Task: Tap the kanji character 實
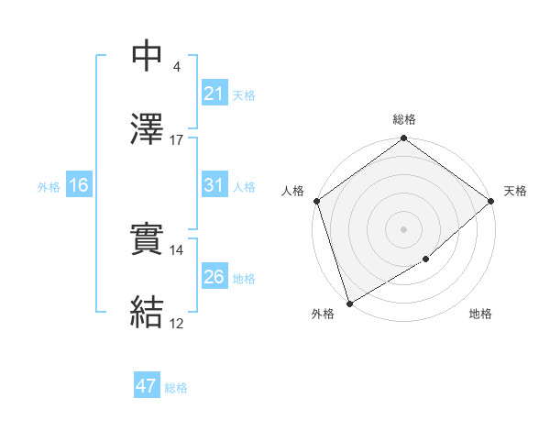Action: point(148,239)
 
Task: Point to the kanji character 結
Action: point(148,312)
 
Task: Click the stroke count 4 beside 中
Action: point(176,67)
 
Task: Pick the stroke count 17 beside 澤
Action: point(176,140)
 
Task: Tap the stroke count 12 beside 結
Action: point(176,324)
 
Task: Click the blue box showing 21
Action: point(214,94)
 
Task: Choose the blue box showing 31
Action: point(214,185)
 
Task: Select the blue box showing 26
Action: point(214,277)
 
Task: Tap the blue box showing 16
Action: point(78,185)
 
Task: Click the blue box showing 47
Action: point(146,386)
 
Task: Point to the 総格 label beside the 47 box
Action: point(176,388)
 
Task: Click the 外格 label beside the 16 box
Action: point(49,186)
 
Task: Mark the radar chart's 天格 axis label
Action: point(515,191)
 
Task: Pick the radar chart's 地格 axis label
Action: point(480,315)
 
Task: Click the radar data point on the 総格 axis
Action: point(403,138)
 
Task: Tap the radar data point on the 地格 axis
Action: point(426,260)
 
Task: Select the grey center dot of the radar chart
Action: point(403,228)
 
